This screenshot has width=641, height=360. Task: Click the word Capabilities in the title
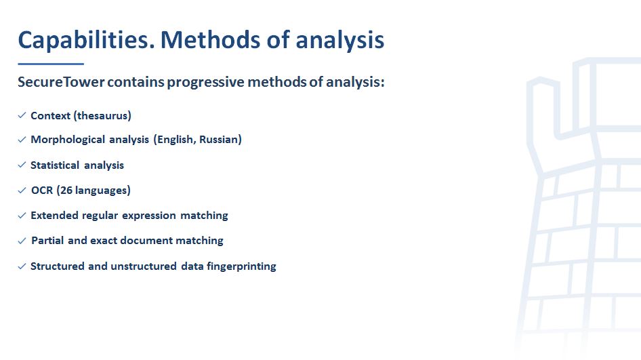tap(86, 41)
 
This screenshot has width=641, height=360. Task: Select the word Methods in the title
tap(210, 40)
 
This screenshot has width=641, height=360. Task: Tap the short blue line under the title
tap(51, 64)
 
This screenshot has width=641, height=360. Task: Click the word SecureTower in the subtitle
tap(61, 82)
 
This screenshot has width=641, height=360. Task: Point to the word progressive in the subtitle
tap(205, 82)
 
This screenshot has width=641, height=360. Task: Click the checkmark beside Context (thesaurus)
tap(22, 115)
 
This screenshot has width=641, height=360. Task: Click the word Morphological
tap(68, 140)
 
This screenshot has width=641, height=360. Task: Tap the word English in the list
tap(177, 140)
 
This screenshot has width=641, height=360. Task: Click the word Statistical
tap(55, 165)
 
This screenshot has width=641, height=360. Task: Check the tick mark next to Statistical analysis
tap(22, 165)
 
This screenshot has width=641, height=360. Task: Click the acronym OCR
tap(42, 191)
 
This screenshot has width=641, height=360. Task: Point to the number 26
tap(66, 191)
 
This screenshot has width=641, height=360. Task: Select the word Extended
tap(54, 215)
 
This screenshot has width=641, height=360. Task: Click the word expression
tap(149, 216)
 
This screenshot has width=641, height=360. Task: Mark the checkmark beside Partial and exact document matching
tap(22, 241)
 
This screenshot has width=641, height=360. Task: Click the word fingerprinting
tap(241, 266)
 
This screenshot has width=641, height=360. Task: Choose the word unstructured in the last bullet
tap(144, 266)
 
